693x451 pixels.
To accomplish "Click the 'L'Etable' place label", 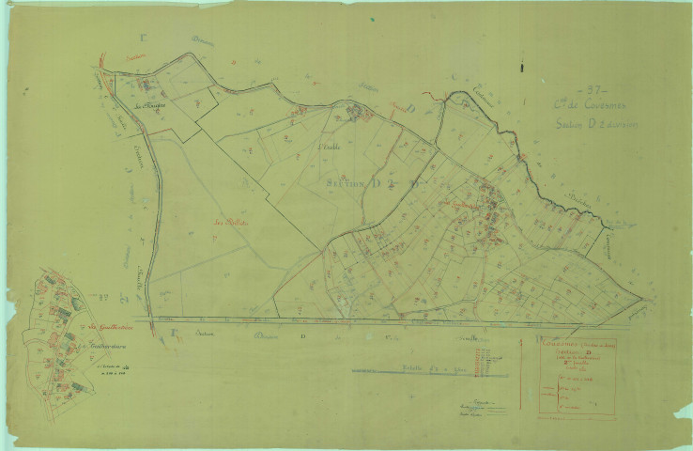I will coord(328,148).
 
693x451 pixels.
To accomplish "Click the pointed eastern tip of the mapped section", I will coord(641,300).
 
